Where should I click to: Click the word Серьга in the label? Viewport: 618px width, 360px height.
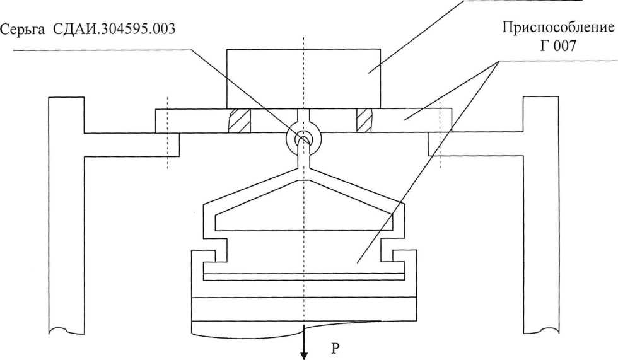(23, 29)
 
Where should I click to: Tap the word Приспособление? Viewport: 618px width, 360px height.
(558, 28)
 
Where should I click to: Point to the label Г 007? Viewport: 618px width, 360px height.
(557, 46)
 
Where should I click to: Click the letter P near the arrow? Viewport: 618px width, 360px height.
(335, 348)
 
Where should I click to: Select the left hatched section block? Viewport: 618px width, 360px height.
(239, 120)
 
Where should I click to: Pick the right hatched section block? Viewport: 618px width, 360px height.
(364, 120)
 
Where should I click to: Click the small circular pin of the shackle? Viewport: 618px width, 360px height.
(304, 139)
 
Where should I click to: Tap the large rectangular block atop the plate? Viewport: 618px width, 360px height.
(303, 78)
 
